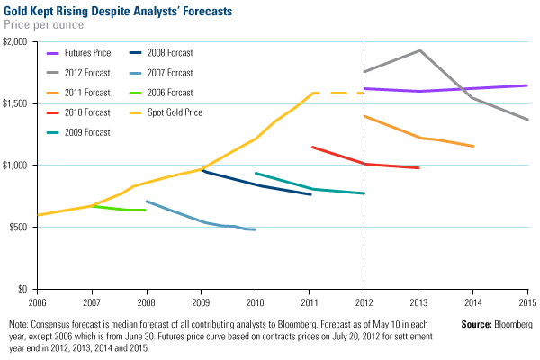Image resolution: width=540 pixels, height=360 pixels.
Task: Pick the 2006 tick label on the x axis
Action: (x=38, y=298)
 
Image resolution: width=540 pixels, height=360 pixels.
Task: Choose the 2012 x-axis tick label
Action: (x=364, y=298)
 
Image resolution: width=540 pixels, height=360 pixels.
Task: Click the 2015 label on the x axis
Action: (x=527, y=298)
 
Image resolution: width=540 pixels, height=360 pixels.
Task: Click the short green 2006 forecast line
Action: (x=117, y=209)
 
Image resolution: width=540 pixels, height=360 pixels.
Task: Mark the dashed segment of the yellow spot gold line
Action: (x=337, y=93)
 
